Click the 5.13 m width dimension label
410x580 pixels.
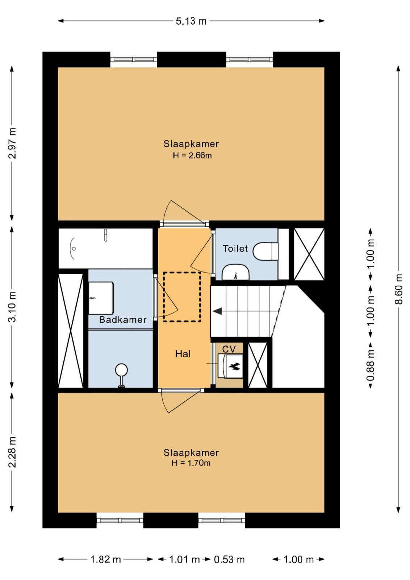(x=191, y=21)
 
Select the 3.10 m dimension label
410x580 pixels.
(x=12, y=306)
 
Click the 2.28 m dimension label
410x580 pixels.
(x=12, y=452)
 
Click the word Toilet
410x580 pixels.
(x=235, y=249)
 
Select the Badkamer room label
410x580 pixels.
(x=123, y=319)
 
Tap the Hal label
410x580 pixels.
(x=183, y=354)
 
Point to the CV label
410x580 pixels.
(x=229, y=349)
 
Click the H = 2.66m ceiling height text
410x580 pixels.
(x=192, y=156)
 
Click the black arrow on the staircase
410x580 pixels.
(x=217, y=311)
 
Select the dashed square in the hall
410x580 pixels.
(x=182, y=297)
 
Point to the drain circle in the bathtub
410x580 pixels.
(x=74, y=249)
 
